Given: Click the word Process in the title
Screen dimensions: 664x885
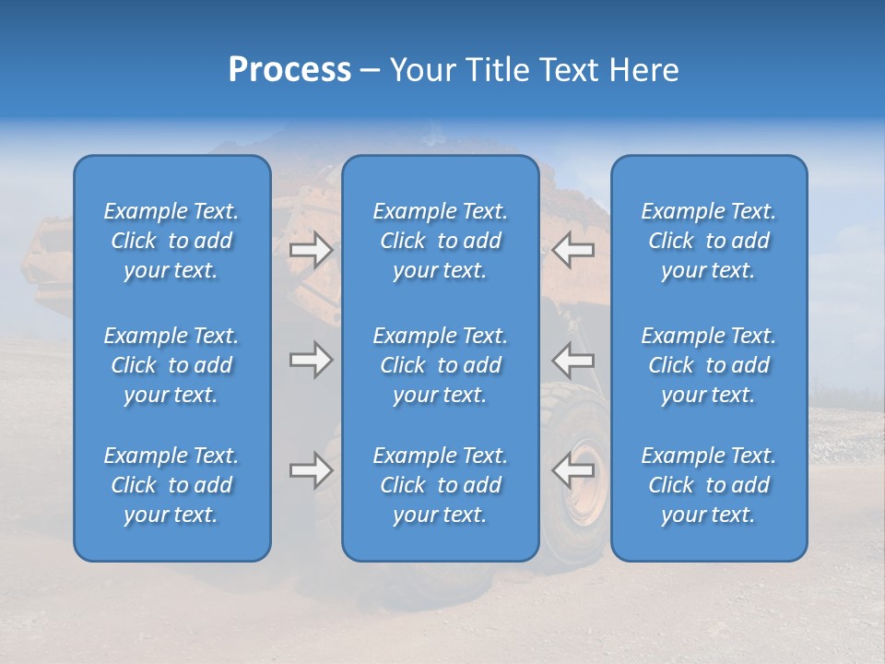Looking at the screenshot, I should (x=289, y=70).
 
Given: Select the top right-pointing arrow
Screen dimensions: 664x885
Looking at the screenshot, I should (x=312, y=250).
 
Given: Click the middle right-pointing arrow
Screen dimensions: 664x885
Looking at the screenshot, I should (x=312, y=360).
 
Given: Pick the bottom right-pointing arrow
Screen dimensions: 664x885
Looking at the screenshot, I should (x=312, y=470).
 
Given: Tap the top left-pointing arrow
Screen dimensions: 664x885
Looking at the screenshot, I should (x=573, y=250).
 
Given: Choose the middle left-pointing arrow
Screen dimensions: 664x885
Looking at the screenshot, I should (x=573, y=360).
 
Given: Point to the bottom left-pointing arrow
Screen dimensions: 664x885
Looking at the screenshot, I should (x=573, y=470).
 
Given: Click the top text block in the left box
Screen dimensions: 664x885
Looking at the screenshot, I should (x=171, y=241).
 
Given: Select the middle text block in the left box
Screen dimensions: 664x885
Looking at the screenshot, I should (x=171, y=365).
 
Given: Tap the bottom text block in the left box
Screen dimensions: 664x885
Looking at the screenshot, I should (x=171, y=485).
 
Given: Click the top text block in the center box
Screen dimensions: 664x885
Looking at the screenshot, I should (x=441, y=241).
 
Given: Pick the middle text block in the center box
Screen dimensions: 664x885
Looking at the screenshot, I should (x=441, y=365).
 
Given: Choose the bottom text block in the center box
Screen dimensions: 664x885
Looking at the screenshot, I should (x=441, y=485).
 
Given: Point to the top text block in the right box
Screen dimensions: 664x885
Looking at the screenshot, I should (x=709, y=241).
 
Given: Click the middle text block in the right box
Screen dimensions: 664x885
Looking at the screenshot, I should (x=709, y=365).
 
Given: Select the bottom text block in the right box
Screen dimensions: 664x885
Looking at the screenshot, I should (x=709, y=485).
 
